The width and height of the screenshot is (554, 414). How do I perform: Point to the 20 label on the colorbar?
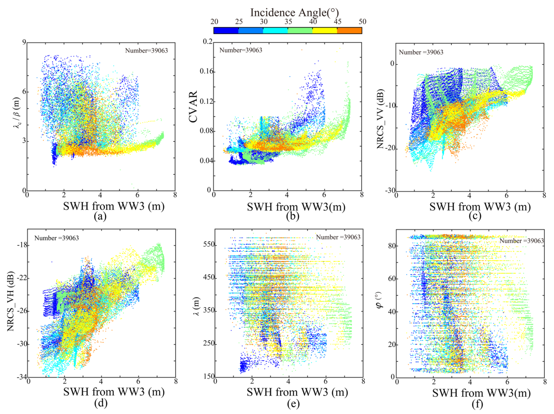(214, 22)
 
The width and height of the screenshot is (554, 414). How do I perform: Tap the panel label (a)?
(100, 216)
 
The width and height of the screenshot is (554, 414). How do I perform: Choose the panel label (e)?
(293, 403)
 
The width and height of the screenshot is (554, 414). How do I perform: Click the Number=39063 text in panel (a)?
(147, 51)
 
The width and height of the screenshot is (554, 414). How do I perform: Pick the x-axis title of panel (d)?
(114, 391)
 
